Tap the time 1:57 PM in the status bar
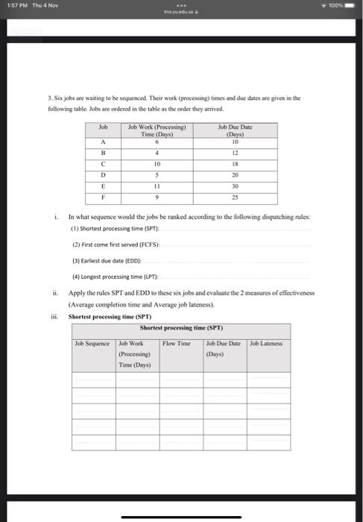(13, 5)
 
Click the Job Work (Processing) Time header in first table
(157, 130)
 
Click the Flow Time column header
(176, 343)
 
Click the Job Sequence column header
(93, 343)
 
